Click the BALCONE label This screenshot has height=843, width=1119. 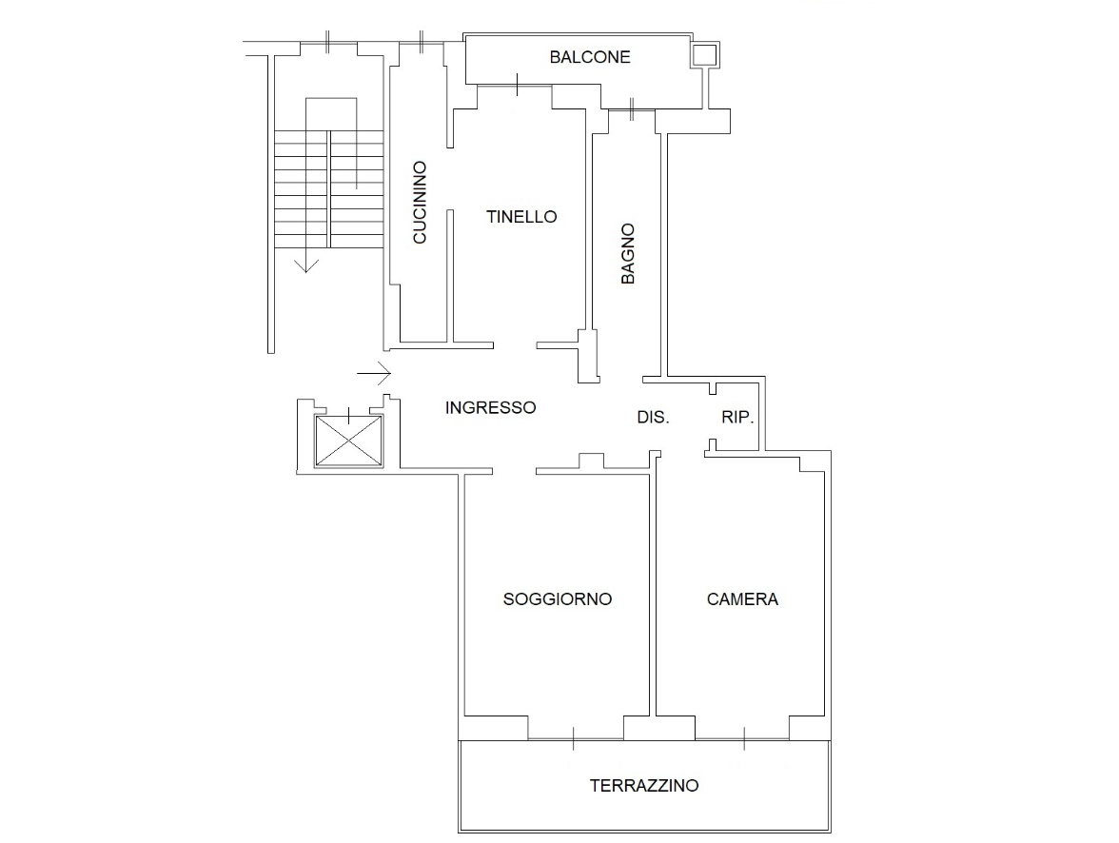[590, 57]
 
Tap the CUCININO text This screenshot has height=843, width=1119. [420, 202]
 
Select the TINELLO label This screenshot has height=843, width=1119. [521, 216]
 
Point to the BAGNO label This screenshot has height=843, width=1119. [627, 254]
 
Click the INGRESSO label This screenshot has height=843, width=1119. [490, 407]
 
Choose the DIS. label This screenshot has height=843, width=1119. [653, 417]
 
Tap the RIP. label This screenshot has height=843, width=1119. [737, 417]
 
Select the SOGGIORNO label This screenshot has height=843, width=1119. [558, 598]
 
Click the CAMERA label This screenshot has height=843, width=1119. [742, 598]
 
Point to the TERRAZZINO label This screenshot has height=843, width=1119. [643, 786]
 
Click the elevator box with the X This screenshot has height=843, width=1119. [348, 441]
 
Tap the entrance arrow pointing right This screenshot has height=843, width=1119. [374, 373]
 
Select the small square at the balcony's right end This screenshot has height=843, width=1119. [704, 54]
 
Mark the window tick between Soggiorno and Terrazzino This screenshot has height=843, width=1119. [573, 738]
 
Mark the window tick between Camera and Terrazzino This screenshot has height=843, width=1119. [744, 738]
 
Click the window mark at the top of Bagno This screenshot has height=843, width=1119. [632, 109]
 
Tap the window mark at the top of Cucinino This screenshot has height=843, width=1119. [421, 42]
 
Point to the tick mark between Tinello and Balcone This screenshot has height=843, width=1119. [517, 85]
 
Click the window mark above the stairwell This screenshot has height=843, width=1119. [327, 42]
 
